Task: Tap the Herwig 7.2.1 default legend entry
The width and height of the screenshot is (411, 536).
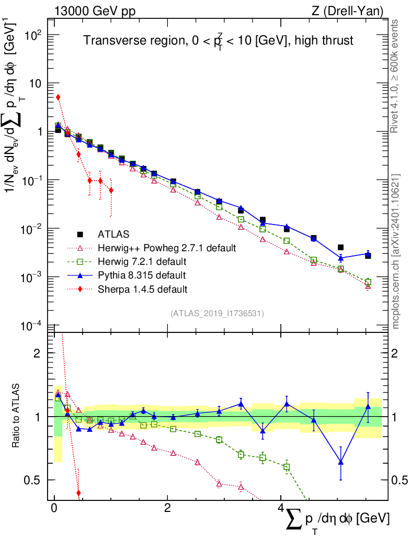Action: pos(144,261)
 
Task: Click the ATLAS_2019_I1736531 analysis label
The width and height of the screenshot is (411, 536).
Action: pos(217,314)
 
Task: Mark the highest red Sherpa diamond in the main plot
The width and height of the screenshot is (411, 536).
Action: pos(58,97)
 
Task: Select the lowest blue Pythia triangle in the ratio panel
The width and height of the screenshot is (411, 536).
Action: pos(341,462)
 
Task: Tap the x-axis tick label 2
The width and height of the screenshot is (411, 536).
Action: pos(167,509)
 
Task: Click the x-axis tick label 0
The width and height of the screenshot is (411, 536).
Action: pos(54,509)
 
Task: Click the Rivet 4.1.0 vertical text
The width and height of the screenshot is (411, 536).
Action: pos(396,76)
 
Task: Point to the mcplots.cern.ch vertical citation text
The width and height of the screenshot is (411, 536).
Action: pos(396,251)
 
